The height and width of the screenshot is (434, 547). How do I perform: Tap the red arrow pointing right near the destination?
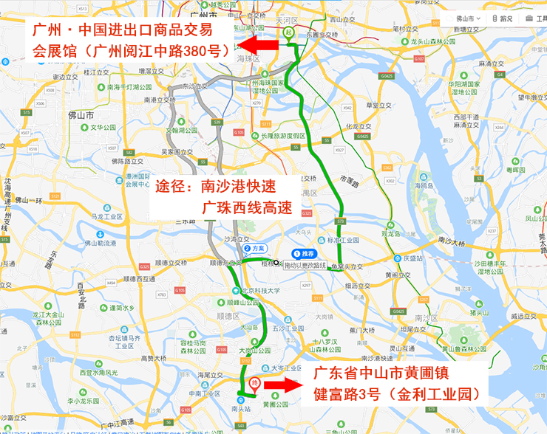point(282,385)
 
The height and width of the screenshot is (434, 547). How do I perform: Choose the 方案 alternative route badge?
point(254,249)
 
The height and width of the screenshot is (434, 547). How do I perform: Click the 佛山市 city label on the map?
point(80,116)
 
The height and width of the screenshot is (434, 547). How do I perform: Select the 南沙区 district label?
point(427,317)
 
